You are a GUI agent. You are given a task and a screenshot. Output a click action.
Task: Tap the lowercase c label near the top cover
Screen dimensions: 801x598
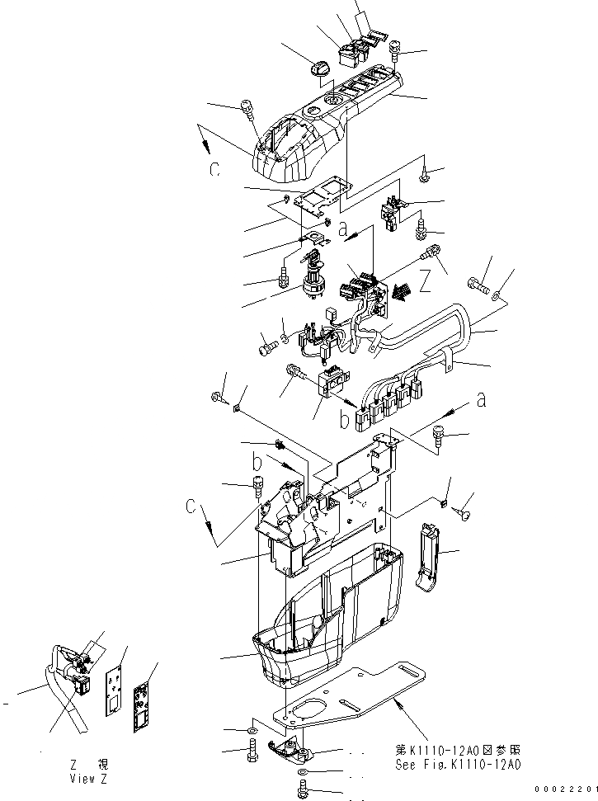214,169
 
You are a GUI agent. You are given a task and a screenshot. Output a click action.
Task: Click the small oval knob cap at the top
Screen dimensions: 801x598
320,69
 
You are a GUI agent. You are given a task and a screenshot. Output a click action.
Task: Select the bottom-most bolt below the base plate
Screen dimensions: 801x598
303,792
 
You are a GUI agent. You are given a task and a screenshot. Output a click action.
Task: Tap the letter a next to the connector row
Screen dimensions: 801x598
481,401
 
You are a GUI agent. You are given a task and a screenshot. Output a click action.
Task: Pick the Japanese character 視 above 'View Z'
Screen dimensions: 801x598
101,766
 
